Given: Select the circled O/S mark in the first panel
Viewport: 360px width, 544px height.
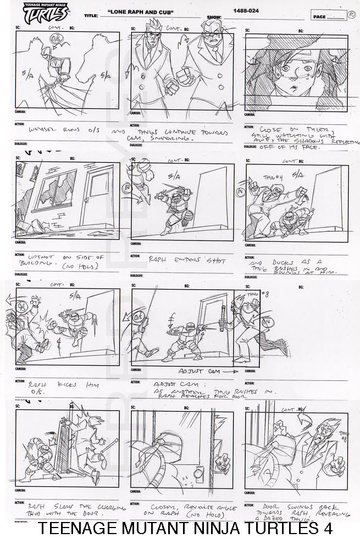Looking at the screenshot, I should coord(55,40).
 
